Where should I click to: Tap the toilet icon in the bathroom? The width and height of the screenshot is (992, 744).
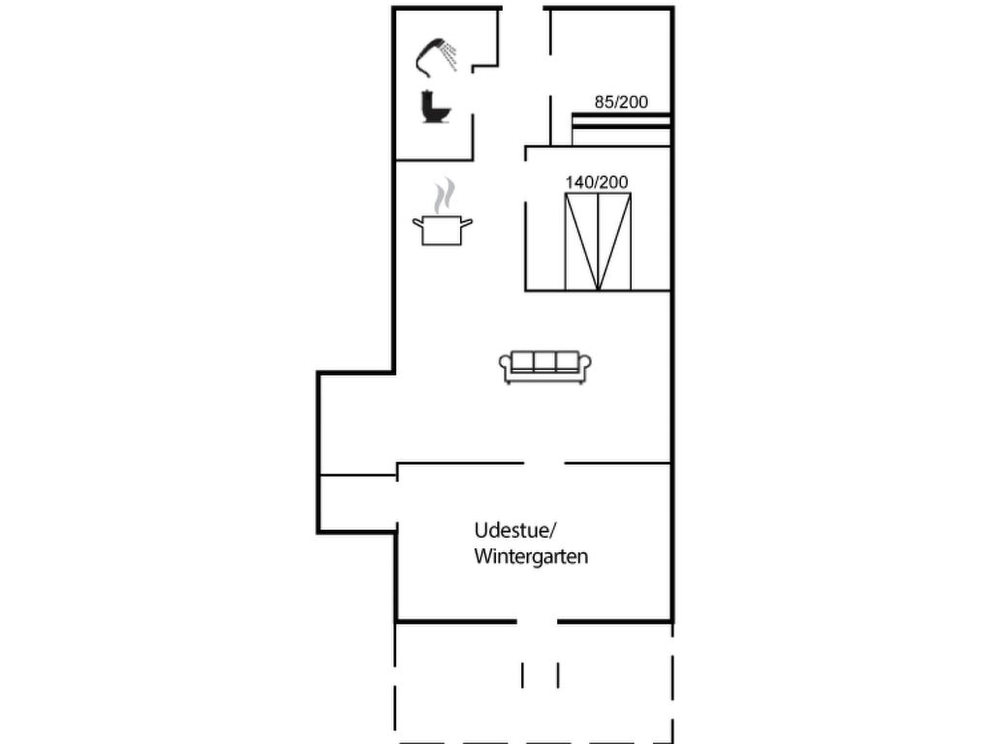tap(434, 107)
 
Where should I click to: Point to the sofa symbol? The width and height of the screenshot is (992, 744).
tap(545, 367)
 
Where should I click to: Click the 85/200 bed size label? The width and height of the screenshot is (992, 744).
tap(621, 101)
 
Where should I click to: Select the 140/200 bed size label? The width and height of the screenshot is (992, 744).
tap(597, 181)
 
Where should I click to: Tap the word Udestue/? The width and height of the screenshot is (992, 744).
tap(514, 530)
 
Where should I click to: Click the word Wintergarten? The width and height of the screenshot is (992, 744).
tap(531, 557)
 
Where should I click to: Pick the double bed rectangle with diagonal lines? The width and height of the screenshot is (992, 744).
tap(598, 241)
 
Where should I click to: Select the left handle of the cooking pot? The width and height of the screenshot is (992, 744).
tap(418, 223)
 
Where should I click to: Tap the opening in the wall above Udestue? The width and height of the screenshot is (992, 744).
tap(544, 463)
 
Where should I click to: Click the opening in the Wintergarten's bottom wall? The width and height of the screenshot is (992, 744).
tap(538, 621)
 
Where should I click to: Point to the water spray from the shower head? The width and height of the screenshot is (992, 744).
tap(450, 56)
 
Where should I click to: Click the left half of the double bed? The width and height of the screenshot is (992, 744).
tap(581, 241)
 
